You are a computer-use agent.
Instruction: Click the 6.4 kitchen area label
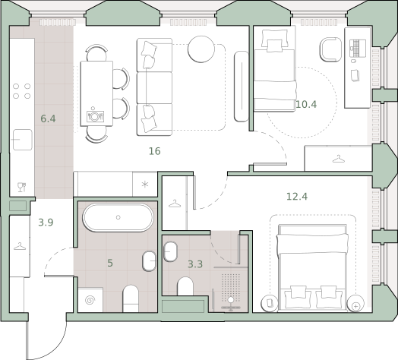[x=48, y=118]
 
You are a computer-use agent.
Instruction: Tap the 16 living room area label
[x=155, y=151]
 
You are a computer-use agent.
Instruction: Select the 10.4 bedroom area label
[x=306, y=104]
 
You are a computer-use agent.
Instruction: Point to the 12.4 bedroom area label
[x=297, y=197]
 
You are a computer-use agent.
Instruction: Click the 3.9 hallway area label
[x=46, y=223]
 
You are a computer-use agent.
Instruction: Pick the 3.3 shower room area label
[x=195, y=264]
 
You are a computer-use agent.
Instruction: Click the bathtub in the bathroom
[x=118, y=217]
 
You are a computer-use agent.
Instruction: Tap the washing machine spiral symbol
[x=90, y=301]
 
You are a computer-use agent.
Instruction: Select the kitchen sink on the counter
[x=23, y=140]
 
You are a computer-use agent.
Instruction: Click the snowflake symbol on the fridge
[x=145, y=185]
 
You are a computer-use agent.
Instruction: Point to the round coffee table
[x=201, y=49]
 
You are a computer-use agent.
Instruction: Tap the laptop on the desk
[x=358, y=49]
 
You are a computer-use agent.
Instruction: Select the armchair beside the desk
[x=330, y=49]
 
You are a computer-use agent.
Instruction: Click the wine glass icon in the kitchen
[x=21, y=187]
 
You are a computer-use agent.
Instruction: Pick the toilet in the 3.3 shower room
[x=185, y=286]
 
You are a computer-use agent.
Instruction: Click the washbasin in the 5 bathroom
[x=149, y=261]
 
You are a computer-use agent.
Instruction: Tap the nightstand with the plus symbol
[x=355, y=303]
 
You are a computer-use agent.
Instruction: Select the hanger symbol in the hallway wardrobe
[x=20, y=246]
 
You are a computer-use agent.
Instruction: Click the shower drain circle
[x=231, y=300]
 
